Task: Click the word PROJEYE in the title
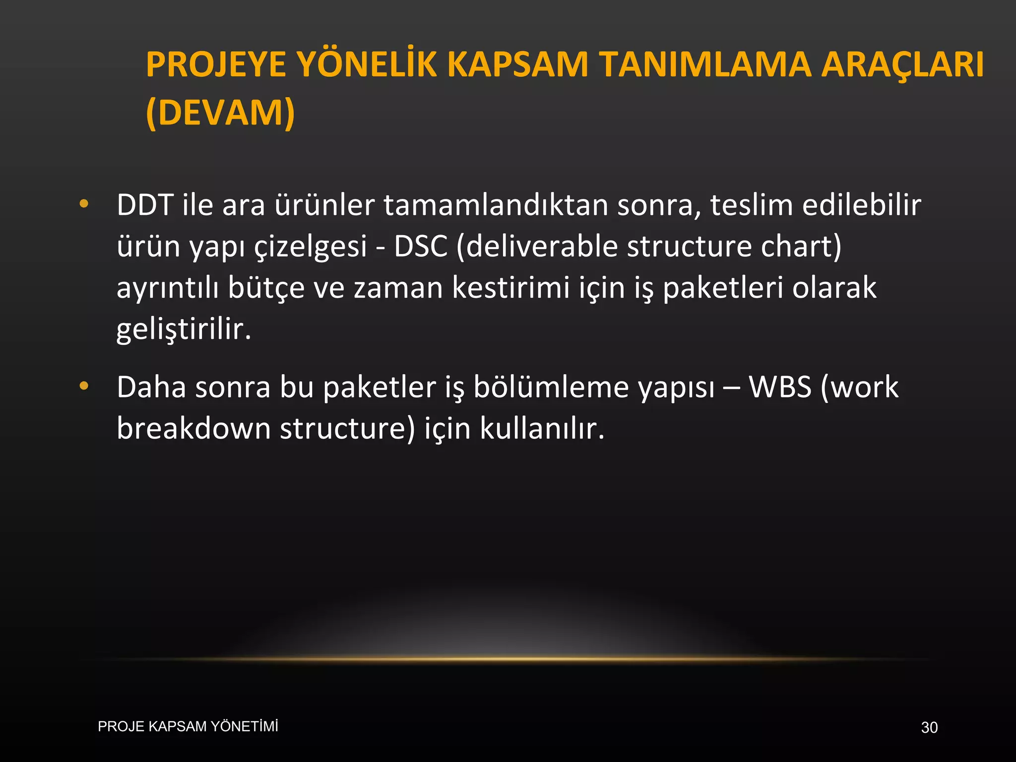click(x=216, y=65)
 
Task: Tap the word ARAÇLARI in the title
click(x=902, y=65)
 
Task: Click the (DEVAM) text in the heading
click(x=220, y=113)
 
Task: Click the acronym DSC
click(x=421, y=247)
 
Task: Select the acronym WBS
click(x=780, y=387)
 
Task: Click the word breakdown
click(x=193, y=428)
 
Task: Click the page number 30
click(x=929, y=727)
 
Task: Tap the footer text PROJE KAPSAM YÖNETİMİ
click(x=188, y=726)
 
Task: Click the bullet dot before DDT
click(x=84, y=203)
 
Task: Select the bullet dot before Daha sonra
click(x=84, y=385)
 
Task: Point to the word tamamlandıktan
click(x=496, y=205)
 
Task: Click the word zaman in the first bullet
click(x=398, y=288)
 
